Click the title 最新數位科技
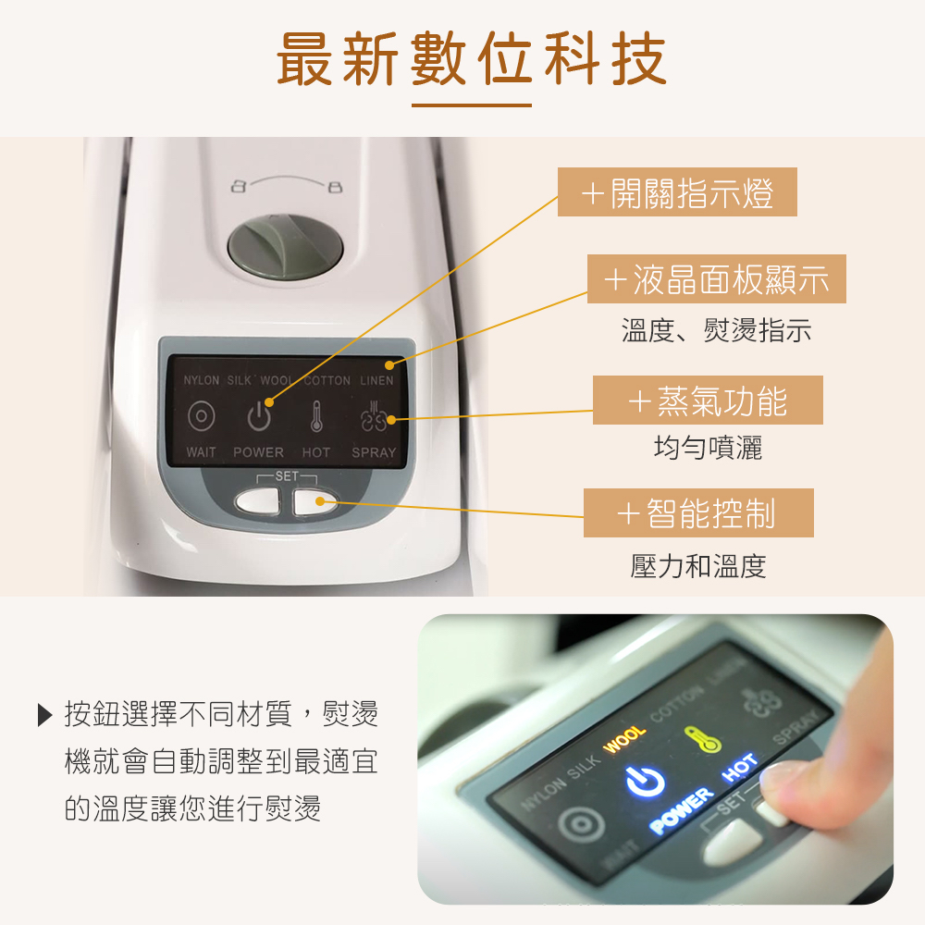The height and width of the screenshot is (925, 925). [x=471, y=58]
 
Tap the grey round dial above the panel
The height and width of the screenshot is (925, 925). [x=285, y=245]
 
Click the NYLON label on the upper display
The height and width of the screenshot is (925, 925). [x=201, y=381]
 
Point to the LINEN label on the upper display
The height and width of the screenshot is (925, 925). [x=376, y=381]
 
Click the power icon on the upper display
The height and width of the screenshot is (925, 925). [x=259, y=415]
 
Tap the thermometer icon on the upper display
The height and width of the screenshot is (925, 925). [x=315, y=416]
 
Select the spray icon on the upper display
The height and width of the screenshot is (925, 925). [x=376, y=416]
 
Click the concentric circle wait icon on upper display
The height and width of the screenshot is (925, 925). [x=201, y=416]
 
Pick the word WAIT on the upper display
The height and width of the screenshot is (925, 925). [x=201, y=452]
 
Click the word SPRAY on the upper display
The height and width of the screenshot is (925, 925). [x=374, y=452]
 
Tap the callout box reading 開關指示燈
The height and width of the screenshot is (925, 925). [x=676, y=194]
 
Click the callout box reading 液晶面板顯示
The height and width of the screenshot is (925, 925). [x=717, y=279]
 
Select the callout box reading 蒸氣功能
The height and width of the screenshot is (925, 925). [x=708, y=401]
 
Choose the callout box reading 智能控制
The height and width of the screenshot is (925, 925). [x=698, y=513]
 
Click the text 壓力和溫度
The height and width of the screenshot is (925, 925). [x=698, y=566]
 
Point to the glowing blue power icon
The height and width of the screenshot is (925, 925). [x=646, y=783]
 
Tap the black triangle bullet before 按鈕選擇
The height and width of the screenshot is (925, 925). [x=43, y=716]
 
